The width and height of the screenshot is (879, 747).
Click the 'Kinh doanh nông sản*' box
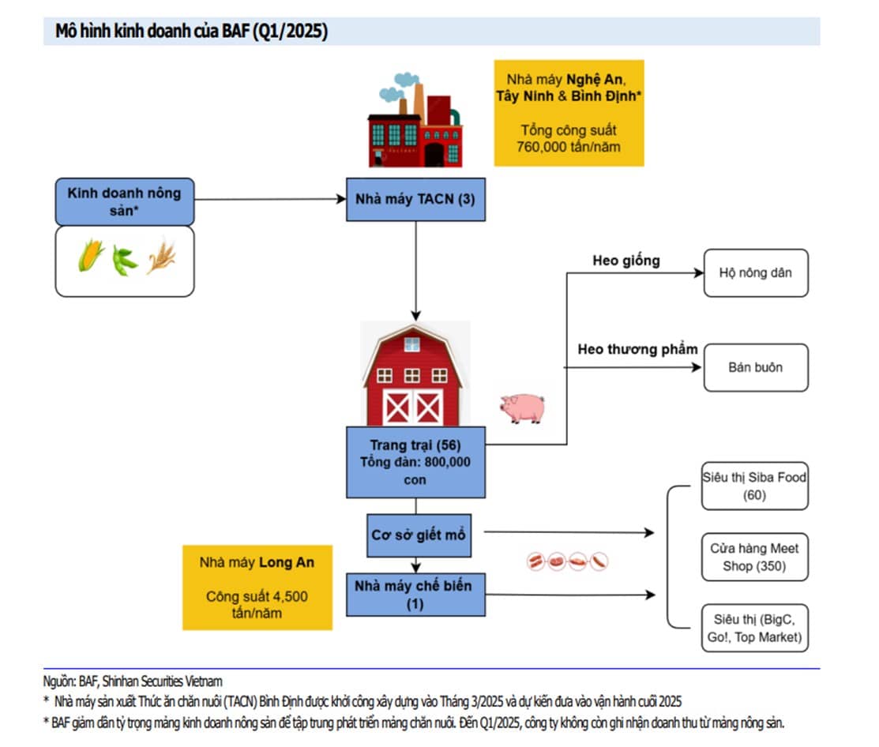124,201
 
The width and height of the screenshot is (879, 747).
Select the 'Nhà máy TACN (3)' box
415,199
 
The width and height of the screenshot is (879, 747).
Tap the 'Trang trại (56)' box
415,462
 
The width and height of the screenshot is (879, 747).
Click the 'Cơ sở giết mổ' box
418,535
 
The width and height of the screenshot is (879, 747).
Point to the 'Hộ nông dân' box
755,273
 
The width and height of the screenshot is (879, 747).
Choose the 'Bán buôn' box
755,367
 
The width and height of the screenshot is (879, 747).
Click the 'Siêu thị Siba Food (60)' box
754,486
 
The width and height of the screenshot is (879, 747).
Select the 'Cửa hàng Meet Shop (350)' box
754,557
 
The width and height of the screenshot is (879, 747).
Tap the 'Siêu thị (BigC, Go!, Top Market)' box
754,628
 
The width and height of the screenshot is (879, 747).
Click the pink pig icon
522,407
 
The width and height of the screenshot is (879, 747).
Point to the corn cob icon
91,257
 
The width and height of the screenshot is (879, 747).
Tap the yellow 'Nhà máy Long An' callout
257,587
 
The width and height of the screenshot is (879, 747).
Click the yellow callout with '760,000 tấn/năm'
569,113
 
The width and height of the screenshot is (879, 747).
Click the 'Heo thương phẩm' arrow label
637,349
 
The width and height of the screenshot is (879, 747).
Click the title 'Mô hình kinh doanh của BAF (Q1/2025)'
191,32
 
